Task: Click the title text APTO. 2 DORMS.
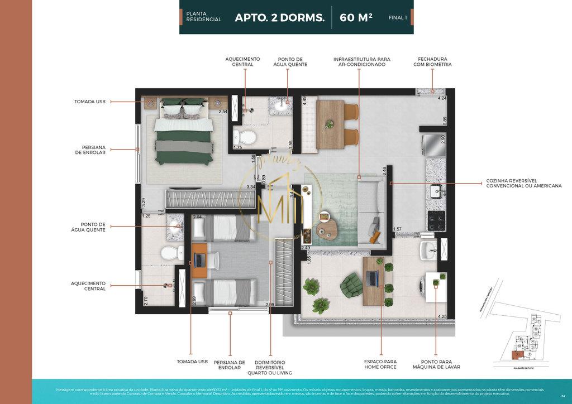(x=279, y=17)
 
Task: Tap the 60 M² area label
(x=356, y=17)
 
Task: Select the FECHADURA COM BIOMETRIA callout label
(x=432, y=61)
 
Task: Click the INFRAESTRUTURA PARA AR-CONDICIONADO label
(x=361, y=61)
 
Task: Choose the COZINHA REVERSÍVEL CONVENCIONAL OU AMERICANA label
(x=523, y=183)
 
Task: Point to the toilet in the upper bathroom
(x=244, y=136)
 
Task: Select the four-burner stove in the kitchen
(x=436, y=220)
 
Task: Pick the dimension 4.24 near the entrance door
(x=442, y=98)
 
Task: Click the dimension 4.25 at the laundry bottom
(x=442, y=316)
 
